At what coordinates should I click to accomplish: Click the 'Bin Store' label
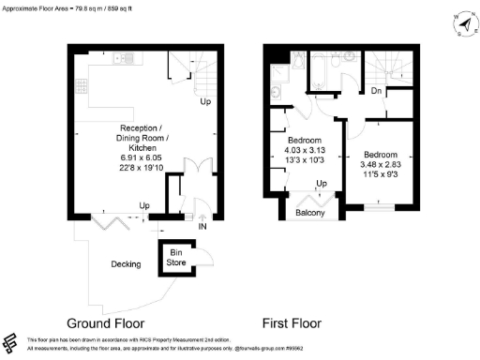[x=175, y=257]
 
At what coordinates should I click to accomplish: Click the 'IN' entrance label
[x=202, y=226]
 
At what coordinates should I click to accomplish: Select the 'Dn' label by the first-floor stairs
[x=375, y=92]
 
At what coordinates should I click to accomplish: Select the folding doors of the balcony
[x=309, y=199]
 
